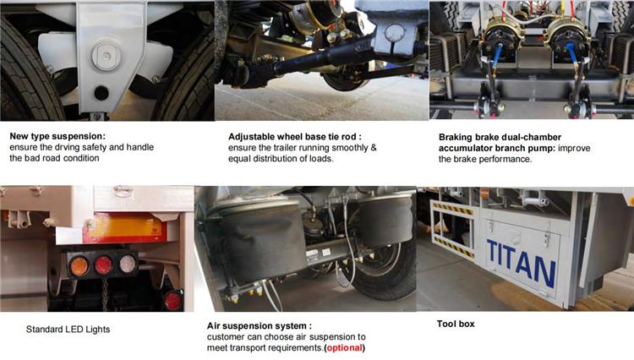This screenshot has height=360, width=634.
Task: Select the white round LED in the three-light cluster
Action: click(x=127, y=263)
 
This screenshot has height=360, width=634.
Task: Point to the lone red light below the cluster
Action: click(x=172, y=300)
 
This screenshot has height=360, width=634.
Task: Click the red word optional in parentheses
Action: click(x=346, y=347)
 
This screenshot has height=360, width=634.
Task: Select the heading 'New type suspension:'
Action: click(x=57, y=135)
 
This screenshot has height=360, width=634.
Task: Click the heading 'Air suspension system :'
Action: click(x=259, y=325)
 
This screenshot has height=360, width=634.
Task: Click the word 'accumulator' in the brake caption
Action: click(x=468, y=147)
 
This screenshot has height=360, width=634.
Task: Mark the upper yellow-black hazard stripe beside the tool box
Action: click(x=452, y=208)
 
